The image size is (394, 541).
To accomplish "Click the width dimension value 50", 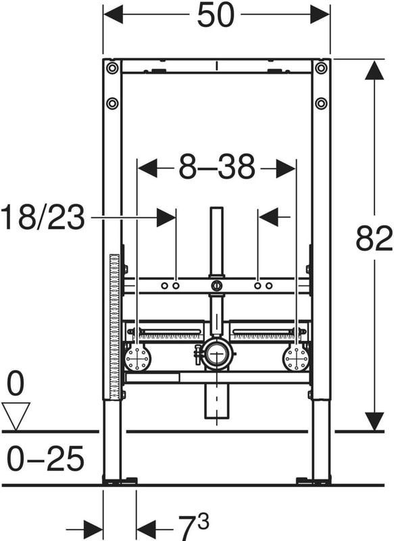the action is [216, 15].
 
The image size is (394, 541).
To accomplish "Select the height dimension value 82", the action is [374, 239].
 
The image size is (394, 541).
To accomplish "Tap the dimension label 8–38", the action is [217, 167].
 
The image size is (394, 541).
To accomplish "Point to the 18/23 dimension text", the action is [43, 217].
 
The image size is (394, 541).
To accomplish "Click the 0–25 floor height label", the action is [45, 458].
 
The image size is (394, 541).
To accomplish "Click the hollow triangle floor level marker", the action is [16, 417].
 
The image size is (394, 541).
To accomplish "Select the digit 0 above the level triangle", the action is [16, 384].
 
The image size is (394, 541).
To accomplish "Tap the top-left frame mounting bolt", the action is [112, 68].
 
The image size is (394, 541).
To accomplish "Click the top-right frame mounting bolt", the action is [321, 68].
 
